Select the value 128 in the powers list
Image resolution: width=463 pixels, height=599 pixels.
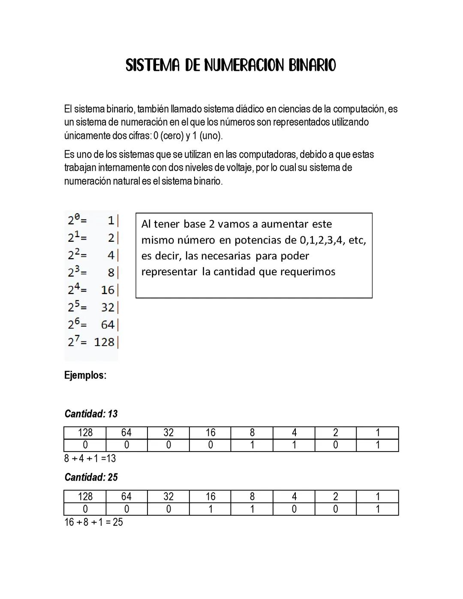click(105, 342)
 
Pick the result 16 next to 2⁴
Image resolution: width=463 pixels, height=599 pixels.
click(108, 290)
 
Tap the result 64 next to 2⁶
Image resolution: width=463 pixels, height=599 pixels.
click(108, 325)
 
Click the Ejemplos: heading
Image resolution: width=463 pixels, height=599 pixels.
click(85, 375)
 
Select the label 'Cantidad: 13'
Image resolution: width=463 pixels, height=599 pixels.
click(91, 414)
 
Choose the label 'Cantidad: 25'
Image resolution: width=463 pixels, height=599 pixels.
click(91, 477)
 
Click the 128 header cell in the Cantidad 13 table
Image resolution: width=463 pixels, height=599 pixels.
click(85, 433)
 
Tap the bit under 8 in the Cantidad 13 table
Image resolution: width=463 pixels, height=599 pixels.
click(252, 445)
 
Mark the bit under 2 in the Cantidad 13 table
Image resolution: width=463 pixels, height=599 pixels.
click(335, 445)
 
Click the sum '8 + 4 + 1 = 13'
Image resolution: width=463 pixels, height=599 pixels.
click(90, 458)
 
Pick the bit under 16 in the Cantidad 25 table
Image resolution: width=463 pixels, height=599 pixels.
click(210, 509)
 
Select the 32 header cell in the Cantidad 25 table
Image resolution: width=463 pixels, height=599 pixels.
click(168, 497)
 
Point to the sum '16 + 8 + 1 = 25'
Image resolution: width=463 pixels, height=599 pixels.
click(93, 522)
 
